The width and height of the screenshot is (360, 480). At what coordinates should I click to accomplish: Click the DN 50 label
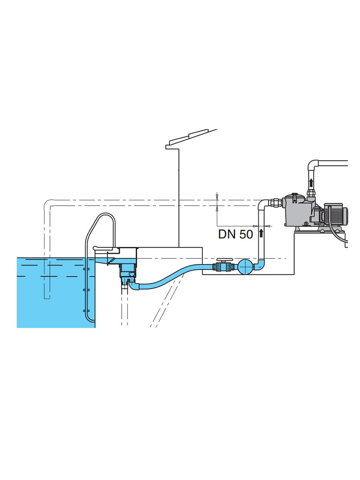[235, 234]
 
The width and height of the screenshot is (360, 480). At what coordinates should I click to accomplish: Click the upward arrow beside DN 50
[261, 233]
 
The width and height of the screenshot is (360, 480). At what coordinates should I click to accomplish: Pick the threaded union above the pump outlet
[311, 196]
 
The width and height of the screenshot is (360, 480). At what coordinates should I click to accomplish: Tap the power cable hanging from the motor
[340, 236]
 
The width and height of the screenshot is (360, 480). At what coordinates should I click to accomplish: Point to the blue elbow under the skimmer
[132, 285]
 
